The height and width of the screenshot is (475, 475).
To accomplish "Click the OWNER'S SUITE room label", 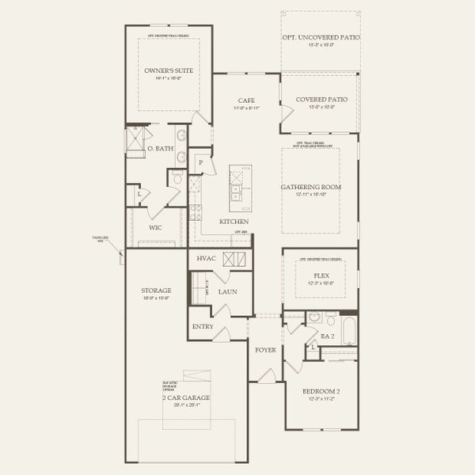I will click(169, 70).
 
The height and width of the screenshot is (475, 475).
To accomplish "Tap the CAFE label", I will click(245, 101).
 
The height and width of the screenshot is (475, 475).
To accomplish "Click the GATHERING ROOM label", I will click(310, 187).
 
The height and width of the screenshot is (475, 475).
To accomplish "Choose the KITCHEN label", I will click(234, 221).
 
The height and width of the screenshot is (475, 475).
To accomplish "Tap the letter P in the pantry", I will click(201, 162).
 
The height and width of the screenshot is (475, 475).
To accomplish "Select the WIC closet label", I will click(156, 227).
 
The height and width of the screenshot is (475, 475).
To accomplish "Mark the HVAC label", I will click(206, 259).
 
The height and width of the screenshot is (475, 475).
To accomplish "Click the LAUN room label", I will click(228, 291).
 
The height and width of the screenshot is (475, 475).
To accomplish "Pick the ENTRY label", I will click(203, 326).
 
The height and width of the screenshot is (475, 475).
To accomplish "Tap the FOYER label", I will click(264, 349).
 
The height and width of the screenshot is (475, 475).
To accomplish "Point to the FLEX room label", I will click(321, 275).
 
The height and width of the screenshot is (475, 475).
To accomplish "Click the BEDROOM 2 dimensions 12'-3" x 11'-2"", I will click(321, 399).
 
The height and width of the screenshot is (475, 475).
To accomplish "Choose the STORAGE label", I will click(157, 291).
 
